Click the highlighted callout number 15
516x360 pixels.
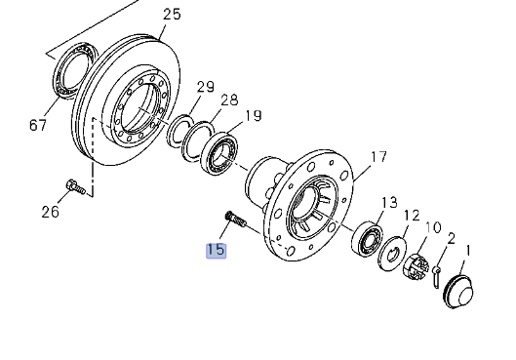[x=217, y=250]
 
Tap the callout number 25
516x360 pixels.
[x=172, y=15]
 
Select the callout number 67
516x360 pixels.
[x=38, y=125]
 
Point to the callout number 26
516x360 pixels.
[x=51, y=212]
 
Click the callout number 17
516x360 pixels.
[x=378, y=157]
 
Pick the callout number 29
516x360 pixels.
[x=206, y=87]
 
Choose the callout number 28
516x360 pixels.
[x=229, y=100]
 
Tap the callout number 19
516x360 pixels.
[x=254, y=116]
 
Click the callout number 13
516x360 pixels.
[x=389, y=203]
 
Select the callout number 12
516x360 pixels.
[x=412, y=216]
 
